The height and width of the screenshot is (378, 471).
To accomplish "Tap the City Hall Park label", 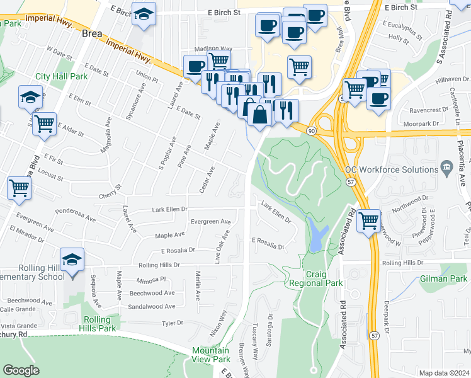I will pyautogui.click(x=61, y=76).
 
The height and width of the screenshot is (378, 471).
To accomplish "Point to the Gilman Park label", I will pyautogui.click(x=445, y=278).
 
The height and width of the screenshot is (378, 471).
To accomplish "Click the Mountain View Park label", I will pyautogui.click(x=211, y=355).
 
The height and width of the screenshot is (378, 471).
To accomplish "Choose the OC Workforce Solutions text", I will pyautogui.click(x=391, y=169).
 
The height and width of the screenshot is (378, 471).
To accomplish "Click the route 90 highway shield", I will pyautogui.click(x=312, y=129).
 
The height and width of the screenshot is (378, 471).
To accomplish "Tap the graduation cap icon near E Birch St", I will pyautogui.click(x=144, y=14).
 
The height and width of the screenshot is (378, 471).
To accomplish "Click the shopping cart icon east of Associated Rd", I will pyautogui.click(x=368, y=221).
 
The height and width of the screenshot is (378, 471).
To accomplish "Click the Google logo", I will pyautogui.click(x=21, y=370).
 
